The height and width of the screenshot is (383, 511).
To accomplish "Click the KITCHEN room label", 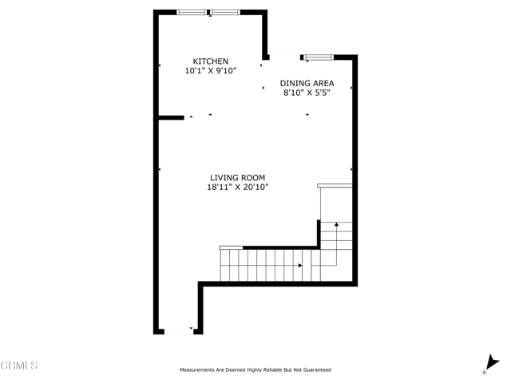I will [211, 61].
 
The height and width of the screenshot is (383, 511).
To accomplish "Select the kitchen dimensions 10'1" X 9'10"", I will [211, 71].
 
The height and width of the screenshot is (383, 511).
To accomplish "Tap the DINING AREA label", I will [307, 83].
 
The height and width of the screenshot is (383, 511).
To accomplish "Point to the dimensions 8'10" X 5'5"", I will [307, 93].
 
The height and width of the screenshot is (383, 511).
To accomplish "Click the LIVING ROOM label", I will [237, 178].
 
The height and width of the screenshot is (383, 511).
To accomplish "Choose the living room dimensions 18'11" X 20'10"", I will [237, 188].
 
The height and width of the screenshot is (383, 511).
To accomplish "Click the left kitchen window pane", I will [192, 12].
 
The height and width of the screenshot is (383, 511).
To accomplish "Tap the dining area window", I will [318, 57].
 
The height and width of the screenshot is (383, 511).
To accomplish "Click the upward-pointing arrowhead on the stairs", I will [337, 225].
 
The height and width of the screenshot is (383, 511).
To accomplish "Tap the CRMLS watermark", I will [19, 365].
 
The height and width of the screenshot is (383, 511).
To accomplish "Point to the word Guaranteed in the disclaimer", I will [314, 370].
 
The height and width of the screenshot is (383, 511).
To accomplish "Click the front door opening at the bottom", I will [178, 332].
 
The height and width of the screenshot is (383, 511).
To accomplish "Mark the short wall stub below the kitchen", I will [172, 118].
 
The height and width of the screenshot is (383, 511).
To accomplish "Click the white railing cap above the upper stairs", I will [335, 186].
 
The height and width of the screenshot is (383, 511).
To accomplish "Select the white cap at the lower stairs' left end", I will [231, 248].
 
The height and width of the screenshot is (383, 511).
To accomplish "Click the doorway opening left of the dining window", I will [283, 57].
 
